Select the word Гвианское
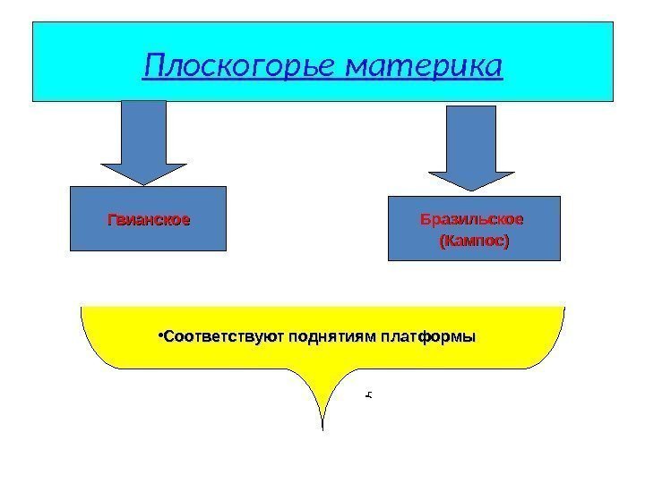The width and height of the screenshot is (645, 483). (149, 219)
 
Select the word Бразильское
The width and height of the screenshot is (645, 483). (472, 219)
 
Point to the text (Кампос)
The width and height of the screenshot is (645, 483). (472, 241)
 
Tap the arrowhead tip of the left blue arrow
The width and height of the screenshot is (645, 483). (144, 183)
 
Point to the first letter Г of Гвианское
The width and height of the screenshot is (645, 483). (112, 219)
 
